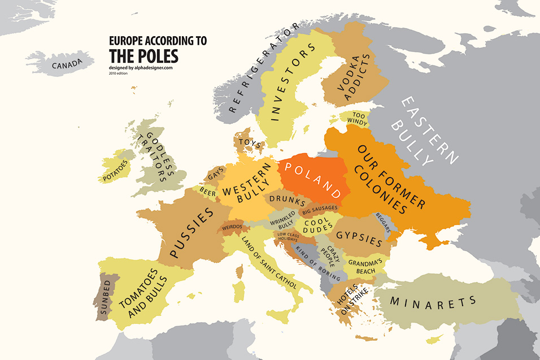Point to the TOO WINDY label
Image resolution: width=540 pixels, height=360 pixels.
(356, 118)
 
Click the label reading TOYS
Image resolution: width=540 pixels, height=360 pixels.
(249, 141)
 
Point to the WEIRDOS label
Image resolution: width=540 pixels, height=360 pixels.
(232, 227)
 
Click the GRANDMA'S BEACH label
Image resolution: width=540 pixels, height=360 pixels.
(365, 266)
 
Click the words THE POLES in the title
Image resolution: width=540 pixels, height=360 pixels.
(143, 56)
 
